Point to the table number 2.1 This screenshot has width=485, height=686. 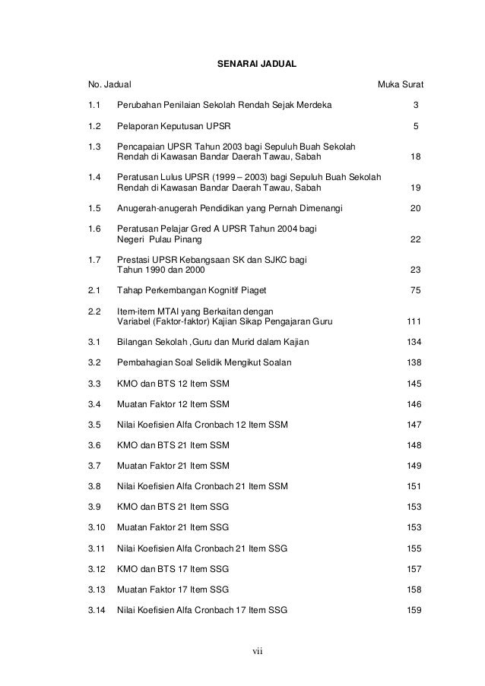click(x=95, y=289)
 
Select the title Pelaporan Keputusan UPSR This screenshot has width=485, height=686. click(x=175, y=125)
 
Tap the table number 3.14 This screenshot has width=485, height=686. click(x=97, y=609)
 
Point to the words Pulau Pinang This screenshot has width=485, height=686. click(x=176, y=240)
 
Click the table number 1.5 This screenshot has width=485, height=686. click(x=95, y=207)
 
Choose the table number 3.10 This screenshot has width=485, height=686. click(x=97, y=526)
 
